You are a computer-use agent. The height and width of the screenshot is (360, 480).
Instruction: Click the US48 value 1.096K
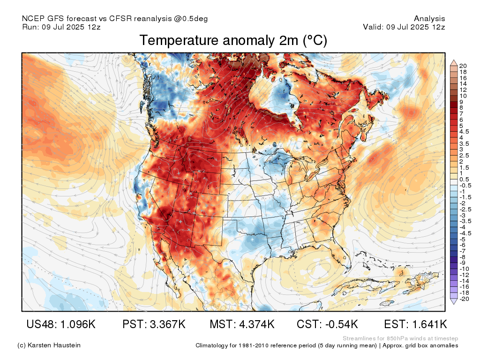(76, 324)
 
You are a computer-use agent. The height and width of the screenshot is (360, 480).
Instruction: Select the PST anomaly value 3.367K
(168, 324)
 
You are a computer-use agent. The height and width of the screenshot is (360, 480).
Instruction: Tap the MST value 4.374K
(257, 324)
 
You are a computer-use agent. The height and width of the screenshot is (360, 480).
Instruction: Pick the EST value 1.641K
(429, 324)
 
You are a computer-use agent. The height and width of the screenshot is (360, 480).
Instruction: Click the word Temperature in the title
(180, 41)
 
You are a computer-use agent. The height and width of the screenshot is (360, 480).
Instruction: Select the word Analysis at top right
(429, 19)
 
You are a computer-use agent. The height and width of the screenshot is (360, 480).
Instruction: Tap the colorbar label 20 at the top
(463, 66)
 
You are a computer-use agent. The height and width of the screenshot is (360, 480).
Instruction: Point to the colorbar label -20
(464, 299)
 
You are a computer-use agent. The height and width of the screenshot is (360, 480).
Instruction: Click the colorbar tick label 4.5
(464, 132)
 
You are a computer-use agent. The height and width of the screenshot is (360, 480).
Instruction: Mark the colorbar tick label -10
(464, 269)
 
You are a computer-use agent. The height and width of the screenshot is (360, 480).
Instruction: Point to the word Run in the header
(30, 27)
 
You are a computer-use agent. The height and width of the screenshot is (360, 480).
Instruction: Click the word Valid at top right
(372, 27)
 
